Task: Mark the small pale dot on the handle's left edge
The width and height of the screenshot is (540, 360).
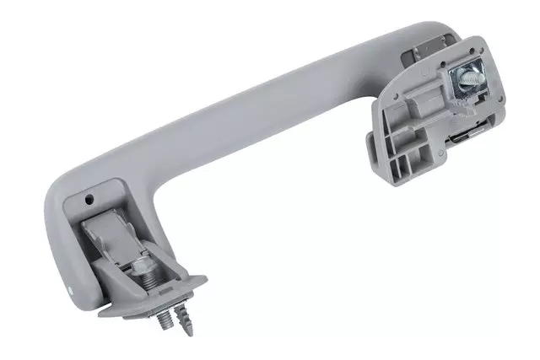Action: coord(70,290)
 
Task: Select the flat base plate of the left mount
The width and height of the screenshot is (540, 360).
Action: coord(152,304)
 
